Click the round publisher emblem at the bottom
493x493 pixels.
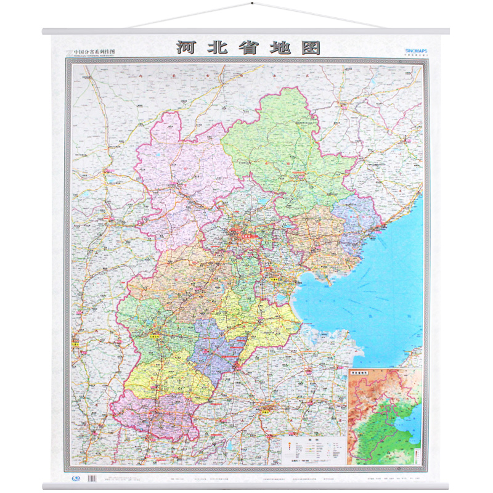click(75, 478)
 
